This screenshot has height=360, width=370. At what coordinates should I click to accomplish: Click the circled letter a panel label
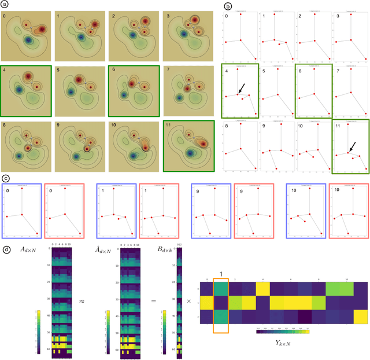tap(5, 5)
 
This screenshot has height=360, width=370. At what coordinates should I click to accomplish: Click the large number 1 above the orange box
tap(222, 267)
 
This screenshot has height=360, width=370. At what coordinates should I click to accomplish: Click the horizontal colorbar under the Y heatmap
tap(282, 332)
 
